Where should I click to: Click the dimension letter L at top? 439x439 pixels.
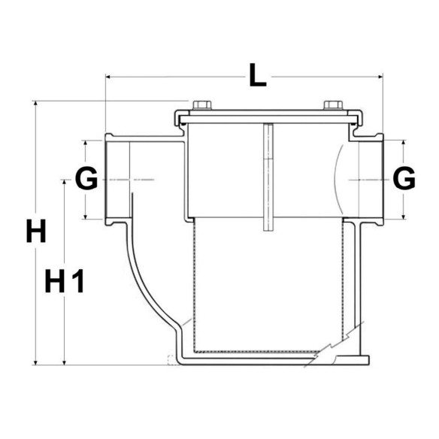(258, 75)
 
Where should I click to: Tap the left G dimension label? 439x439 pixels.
(86, 179)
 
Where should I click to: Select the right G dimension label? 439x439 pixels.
(404, 179)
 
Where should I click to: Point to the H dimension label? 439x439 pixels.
(36, 232)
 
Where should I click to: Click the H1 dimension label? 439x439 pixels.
(65, 281)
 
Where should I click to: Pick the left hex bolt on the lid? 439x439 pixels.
(202, 105)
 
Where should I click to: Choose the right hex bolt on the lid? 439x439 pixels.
(333, 105)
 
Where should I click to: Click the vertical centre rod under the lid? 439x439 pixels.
(268, 177)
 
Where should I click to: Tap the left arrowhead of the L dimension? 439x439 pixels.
(108, 77)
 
